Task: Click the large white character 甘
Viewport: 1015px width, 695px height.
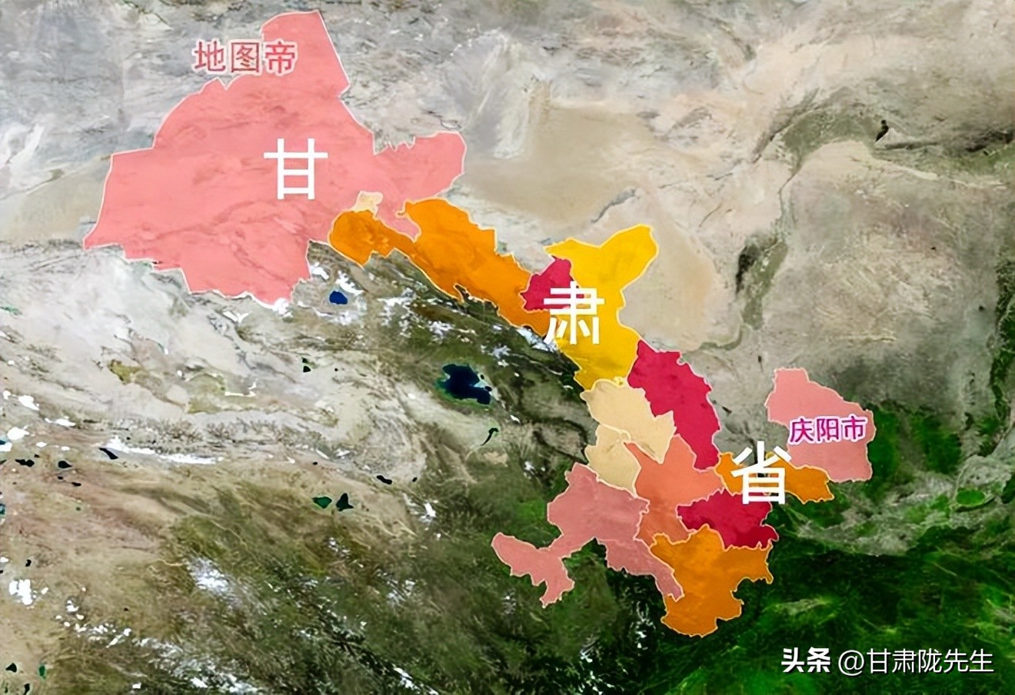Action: tap(296, 173)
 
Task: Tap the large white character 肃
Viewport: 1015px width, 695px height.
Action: tap(573, 313)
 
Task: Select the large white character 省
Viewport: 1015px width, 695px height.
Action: tap(761, 473)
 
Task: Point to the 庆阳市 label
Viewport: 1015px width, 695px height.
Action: tap(827, 430)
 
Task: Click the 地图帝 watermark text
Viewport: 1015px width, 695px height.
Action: tap(245, 58)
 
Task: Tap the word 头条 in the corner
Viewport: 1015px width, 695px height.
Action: tap(806, 660)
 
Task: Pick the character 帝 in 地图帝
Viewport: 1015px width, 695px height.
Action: tap(280, 58)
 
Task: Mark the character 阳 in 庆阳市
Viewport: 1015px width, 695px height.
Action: tap(827, 430)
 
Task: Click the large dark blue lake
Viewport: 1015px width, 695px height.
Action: tap(464, 382)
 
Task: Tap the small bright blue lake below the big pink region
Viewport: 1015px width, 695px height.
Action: tap(338, 297)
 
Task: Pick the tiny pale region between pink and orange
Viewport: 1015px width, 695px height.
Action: tap(368, 202)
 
